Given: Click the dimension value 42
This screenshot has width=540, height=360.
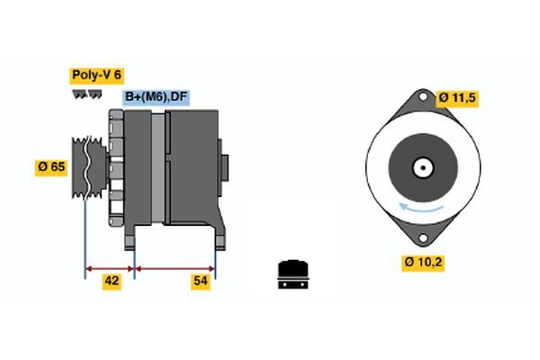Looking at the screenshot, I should tap(112, 281).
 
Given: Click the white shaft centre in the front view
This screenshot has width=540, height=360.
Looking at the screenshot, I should tap(420, 168).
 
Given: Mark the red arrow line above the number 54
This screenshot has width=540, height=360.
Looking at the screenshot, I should tap(175, 268).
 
